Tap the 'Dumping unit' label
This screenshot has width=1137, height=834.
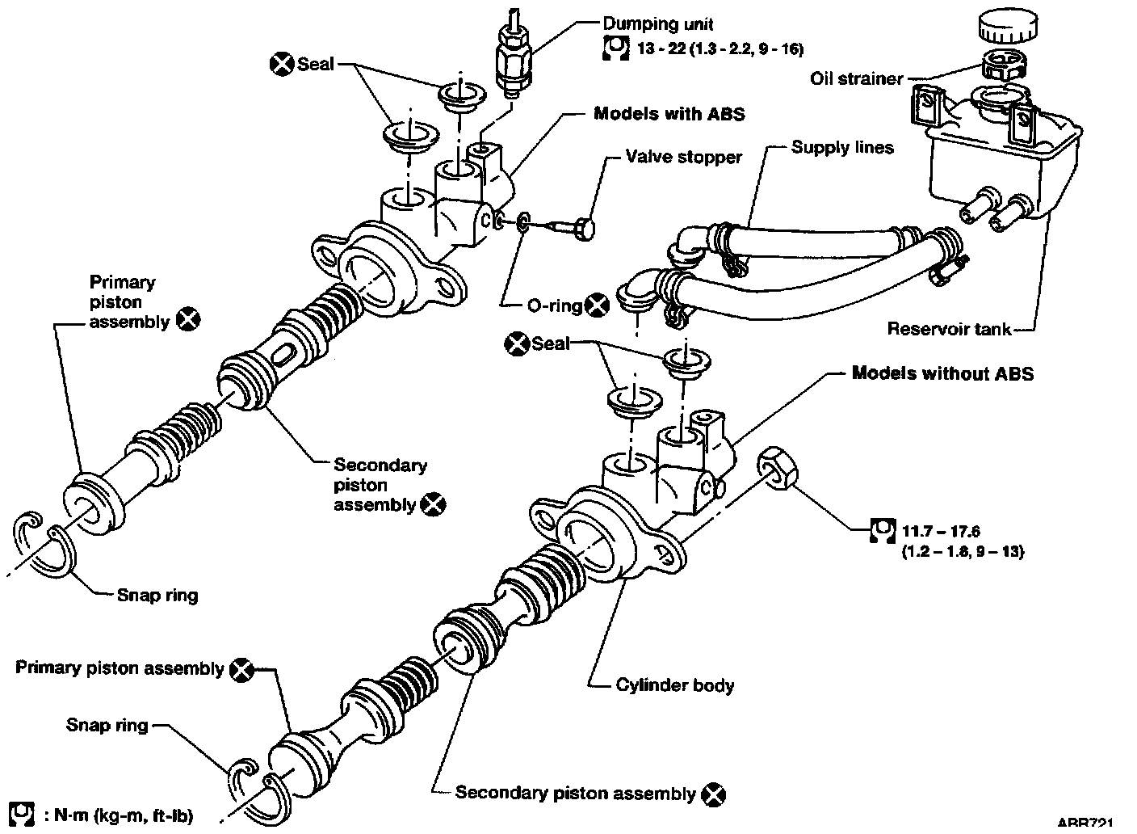[658, 24]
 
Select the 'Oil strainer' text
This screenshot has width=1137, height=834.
[856, 78]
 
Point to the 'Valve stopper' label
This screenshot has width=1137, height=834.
[683, 156]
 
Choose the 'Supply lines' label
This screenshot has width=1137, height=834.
[842, 147]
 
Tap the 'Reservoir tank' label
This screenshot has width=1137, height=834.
[948, 328]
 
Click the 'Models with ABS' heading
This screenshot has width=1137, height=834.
[669, 114]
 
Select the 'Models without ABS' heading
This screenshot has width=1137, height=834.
[942, 373]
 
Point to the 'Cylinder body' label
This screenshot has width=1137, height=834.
[675, 685]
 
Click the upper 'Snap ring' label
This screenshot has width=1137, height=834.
[157, 596]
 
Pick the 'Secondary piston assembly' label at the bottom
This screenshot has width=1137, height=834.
[575, 793]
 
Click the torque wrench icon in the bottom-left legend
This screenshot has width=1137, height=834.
[25, 813]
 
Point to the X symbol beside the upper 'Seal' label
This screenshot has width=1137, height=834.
[282, 64]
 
